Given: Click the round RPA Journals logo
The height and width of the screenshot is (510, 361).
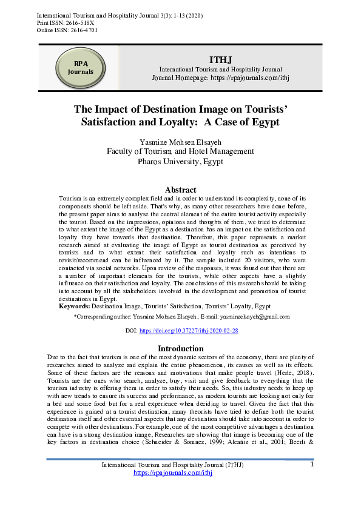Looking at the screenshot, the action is click(80, 68).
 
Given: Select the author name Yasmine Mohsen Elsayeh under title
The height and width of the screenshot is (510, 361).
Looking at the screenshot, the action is click(180, 142).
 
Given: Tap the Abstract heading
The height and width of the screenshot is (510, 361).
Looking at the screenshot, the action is click(180, 190).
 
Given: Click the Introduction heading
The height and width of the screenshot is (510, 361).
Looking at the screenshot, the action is click(180, 348).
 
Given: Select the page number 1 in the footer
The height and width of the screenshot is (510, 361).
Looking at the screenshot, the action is click(312, 465).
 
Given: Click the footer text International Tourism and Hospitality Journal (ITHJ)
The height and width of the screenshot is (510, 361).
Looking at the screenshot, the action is click(172, 465).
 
